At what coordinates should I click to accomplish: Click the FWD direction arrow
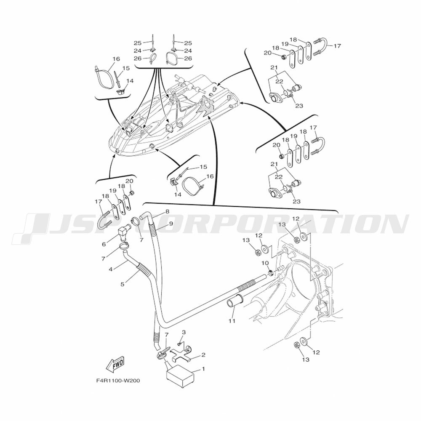pos(115,365)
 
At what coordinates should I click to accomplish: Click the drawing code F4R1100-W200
pos(118,381)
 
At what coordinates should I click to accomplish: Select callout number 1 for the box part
pos(203,369)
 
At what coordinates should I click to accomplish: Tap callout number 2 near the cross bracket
pos(203,355)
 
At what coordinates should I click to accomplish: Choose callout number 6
pos(104,244)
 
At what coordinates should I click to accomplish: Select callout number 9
pos(171,224)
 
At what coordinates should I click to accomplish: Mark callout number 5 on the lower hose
pos(123,284)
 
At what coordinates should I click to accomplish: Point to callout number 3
pos(184,332)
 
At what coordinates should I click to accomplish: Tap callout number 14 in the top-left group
pos(130,81)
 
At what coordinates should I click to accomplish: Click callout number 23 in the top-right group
pos(299,106)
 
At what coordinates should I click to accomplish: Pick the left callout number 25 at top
pos(138,43)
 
